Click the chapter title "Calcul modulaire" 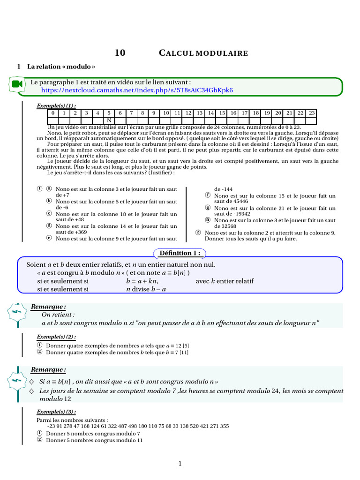[x=203, y=53]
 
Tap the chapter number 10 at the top [x=120, y=53]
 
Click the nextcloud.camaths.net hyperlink [x=137, y=90]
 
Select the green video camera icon [x=17, y=84]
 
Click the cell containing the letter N [x=109, y=120]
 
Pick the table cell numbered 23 [x=312, y=113]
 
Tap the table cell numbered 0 [x=53, y=113]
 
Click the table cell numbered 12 [x=188, y=113]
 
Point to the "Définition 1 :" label [x=180, y=253]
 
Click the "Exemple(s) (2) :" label [x=56, y=337]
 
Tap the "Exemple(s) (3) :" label [x=56, y=412]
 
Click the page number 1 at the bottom [x=180, y=464]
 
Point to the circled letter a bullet [x=49, y=188]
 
